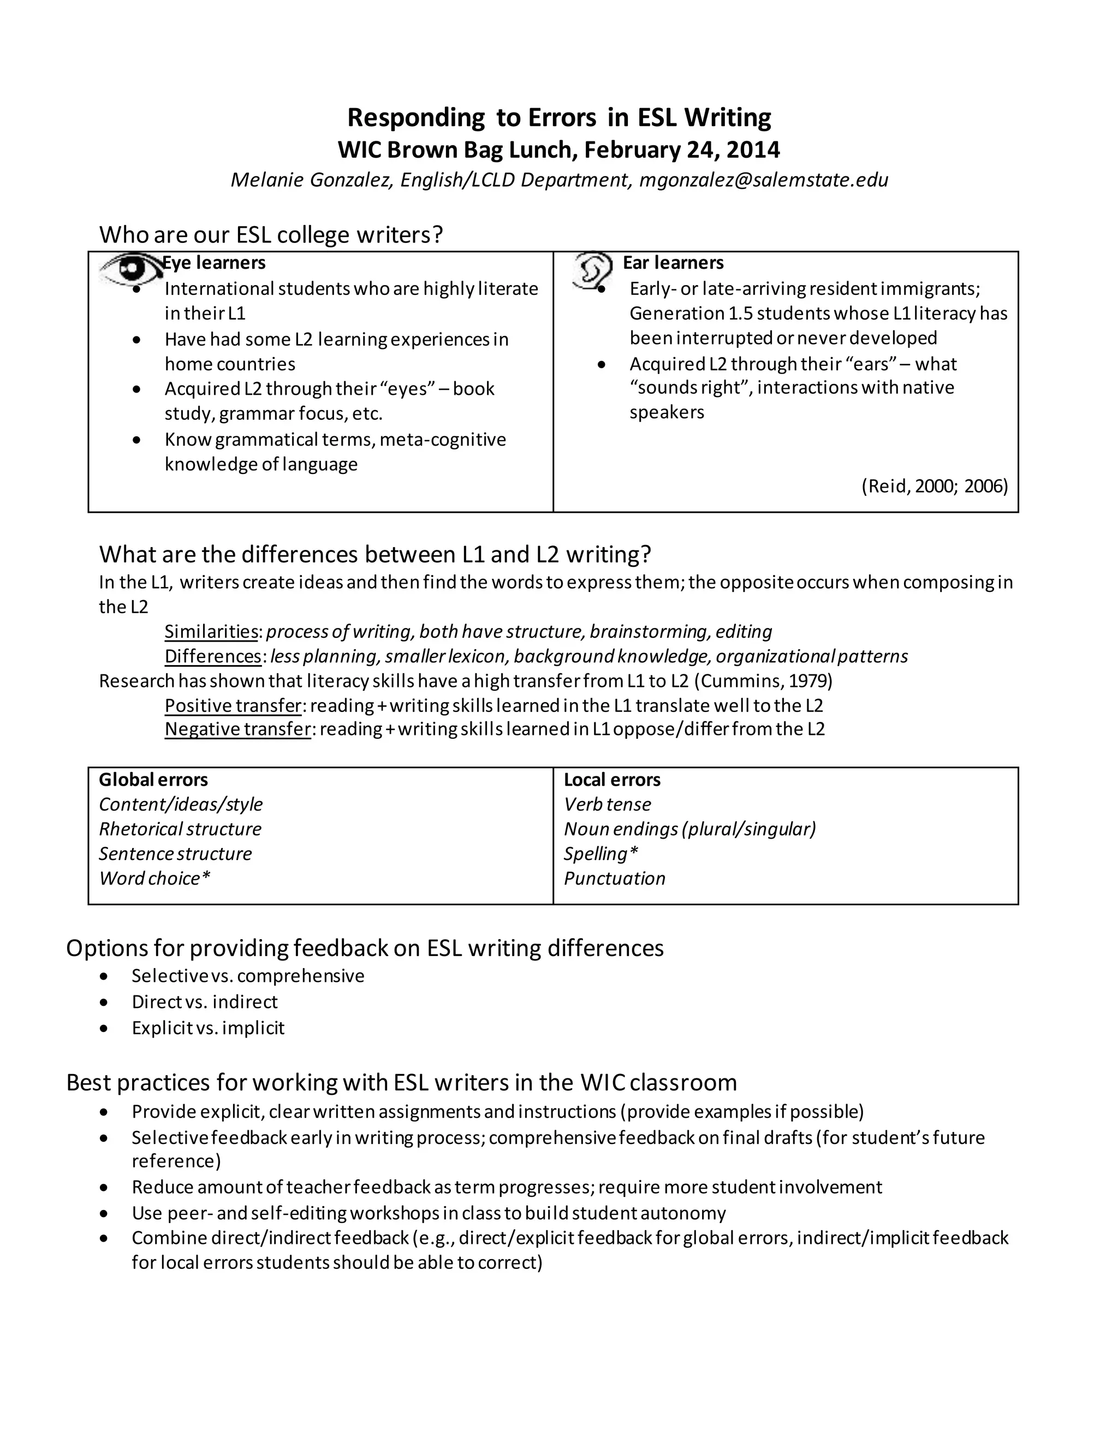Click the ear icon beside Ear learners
(x=591, y=270)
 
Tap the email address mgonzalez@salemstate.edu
(x=763, y=180)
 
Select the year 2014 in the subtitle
(x=753, y=150)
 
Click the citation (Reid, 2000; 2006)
(x=934, y=487)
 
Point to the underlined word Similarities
(x=211, y=631)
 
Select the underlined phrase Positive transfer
(x=233, y=705)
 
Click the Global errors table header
(x=153, y=780)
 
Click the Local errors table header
(x=612, y=780)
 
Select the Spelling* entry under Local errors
(x=600, y=854)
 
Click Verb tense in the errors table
(x=606, y=804)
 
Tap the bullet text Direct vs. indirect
(x=204, y=1002)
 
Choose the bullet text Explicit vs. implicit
(x=207, y=1028)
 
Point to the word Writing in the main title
(x=727, y=118)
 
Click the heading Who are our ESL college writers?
(x=270, y=235)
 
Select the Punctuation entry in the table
(x=614, y=879)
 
